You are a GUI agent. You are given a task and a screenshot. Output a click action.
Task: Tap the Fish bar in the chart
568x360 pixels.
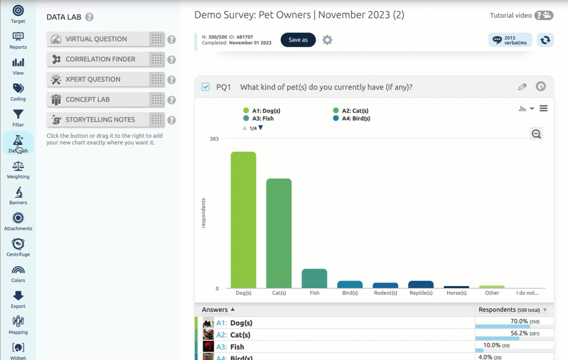pyautogui.click(x=314, y=278)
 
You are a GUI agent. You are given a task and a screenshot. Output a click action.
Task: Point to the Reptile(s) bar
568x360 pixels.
pyautogui.click(x=421, y=285)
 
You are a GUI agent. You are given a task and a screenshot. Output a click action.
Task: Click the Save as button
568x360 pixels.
pyautogui.click(x=298, y=40)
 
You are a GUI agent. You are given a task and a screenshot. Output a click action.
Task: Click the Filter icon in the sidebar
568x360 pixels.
pyautogui.click(x=18, y=117)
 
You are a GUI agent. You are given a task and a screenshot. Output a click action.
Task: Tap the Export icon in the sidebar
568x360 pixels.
pyautogui.click(x=18, y=299)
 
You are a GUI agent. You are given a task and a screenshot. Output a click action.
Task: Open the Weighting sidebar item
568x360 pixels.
pyautogui.click(x=18, y=169)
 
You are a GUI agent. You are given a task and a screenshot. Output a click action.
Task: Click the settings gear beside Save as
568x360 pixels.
pyautogui.click(x=327, y=40)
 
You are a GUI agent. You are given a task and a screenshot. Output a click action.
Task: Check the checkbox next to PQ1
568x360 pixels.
pyautogui.click(x=206, y=87)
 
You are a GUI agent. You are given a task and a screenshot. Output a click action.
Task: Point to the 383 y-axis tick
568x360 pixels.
pyautogui.click(x=213, y=139)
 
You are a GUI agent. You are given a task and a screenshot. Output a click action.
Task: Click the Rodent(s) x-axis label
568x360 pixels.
pyautogui.click(x=385, y=293)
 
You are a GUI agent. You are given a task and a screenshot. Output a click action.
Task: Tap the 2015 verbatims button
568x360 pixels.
pyautogui.click(x=510, y=40)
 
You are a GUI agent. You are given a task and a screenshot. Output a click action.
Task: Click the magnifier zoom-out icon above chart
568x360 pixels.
pyautogui.click(x=536, y=134)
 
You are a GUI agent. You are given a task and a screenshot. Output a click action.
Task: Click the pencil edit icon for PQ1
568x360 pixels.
pyautogui.click(x=522, y=87)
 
